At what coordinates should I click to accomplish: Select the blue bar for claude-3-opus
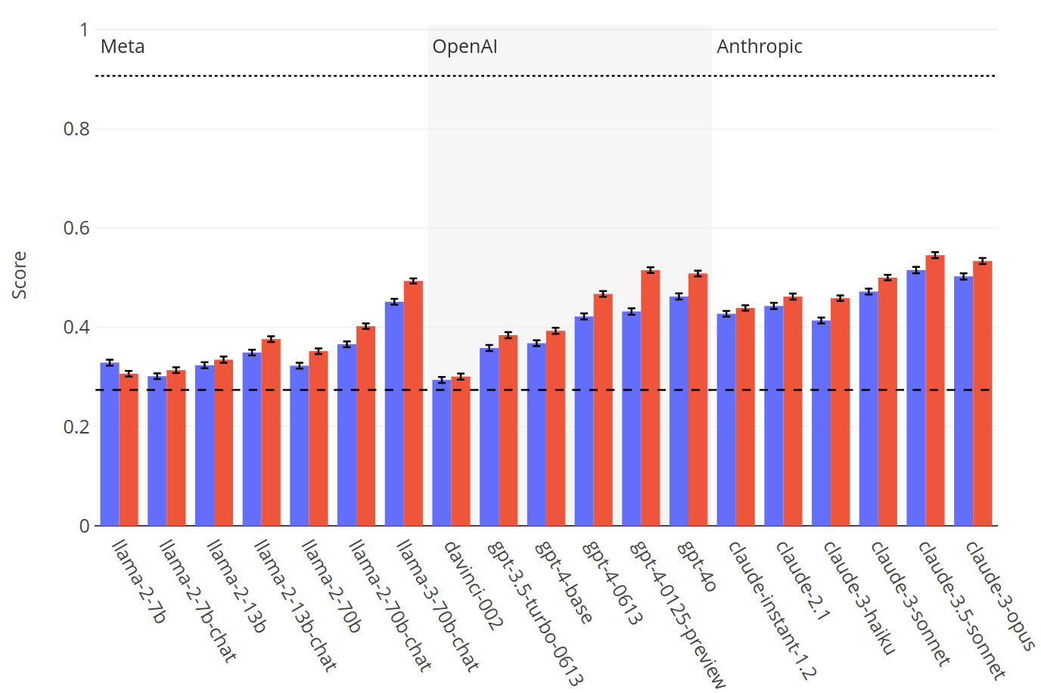pyautogui.click(x=963, y=401)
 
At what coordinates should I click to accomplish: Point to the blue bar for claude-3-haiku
pyautogui.click(x=821, y=423)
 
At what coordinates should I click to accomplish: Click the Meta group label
pyautogui.click(x=123, y=47)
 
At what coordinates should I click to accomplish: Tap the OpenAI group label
pyautogui.click(x=465, y=47)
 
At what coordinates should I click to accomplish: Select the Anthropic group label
pyautogui.click(x=760, y=47)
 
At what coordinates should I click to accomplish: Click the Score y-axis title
pyautogui.click(x=20, y=275)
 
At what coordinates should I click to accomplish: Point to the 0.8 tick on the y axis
pyautogui.click(x=76, y=129)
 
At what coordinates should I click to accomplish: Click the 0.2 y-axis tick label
pyautogui.click(x=76, y=427)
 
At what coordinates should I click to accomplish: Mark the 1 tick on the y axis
pyautogui.click(x=84, y=30)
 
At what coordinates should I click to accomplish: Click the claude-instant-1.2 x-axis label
pyautogui.click(x=772, y=610)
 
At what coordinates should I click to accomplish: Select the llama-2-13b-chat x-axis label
pyautogui.click(x=295, y=605)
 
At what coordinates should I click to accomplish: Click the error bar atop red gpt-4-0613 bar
pyautogui.click(x=603, y=294)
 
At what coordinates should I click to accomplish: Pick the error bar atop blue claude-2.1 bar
pyautogui.click(x=773, y=306)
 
